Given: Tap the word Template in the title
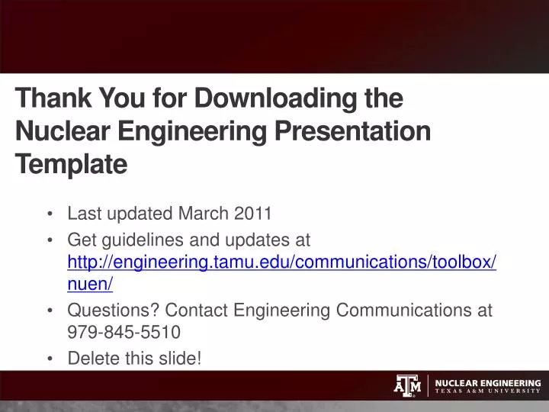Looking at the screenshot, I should click(71, 164).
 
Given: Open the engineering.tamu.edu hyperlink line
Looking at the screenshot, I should click(282, 262).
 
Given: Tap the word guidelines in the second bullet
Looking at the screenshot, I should click(141, 240).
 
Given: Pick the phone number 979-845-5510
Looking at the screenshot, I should click(124, 332).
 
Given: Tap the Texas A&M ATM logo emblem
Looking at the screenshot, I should click(407, 386).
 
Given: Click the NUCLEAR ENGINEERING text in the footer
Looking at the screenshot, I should click(488, 382).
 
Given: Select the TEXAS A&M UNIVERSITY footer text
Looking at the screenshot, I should click(488, 391).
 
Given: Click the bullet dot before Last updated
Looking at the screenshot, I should click(50, 214).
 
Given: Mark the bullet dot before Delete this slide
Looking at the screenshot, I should click(50, 358).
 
